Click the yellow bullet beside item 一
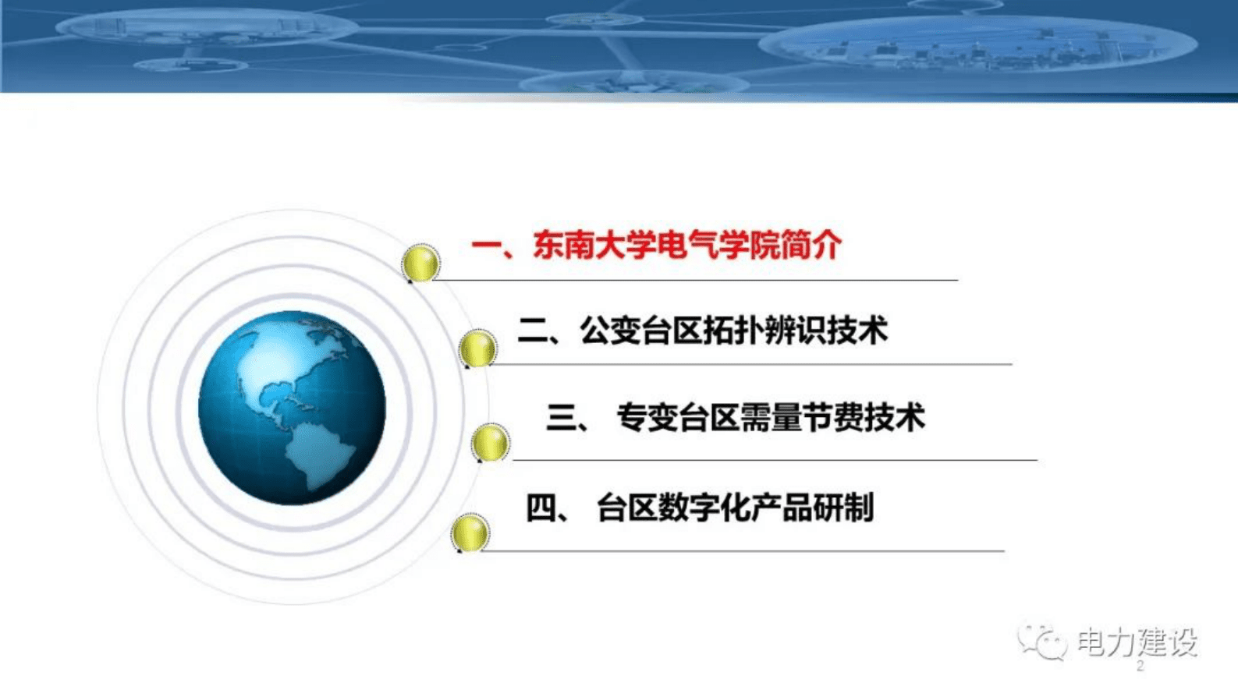coord(420,263)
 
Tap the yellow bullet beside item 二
coord(477,348)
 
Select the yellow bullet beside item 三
coord(490,443)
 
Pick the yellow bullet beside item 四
coord(470,532)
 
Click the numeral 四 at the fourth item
coord(541,508)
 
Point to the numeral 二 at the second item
coord(534,331)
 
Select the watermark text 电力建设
coord(1137,642)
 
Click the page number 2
coord(1140,667)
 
